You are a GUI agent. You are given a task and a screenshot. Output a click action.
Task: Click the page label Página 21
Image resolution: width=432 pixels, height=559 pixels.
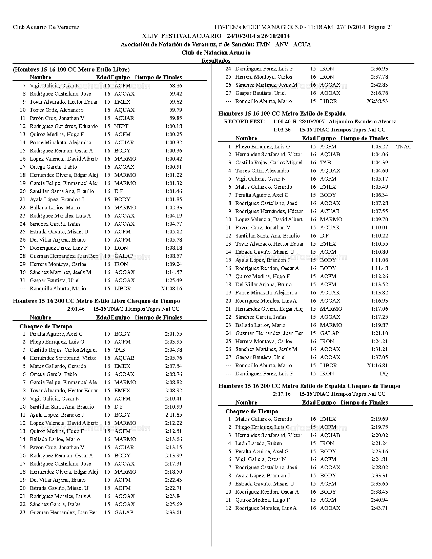380,27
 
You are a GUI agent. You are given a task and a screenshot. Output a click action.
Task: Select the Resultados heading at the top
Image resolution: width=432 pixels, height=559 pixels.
216,61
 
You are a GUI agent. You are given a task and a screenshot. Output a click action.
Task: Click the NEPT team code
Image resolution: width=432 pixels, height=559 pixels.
121,126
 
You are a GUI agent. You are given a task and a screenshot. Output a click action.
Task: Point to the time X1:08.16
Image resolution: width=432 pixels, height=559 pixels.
171,289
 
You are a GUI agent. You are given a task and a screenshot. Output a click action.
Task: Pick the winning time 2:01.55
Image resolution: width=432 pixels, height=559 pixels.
173,334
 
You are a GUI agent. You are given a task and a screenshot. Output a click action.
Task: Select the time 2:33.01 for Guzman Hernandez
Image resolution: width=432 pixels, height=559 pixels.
173,513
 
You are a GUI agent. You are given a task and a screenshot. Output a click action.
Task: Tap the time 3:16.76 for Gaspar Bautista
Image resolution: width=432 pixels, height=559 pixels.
379,93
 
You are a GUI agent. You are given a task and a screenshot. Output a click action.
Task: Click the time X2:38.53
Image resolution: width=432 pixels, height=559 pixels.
377,101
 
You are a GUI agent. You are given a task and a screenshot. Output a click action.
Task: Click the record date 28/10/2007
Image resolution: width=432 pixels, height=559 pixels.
311,122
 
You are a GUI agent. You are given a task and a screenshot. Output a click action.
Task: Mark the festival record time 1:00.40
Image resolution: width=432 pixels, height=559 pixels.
281,122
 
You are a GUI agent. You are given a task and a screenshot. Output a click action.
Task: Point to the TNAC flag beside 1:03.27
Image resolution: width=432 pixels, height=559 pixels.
404,147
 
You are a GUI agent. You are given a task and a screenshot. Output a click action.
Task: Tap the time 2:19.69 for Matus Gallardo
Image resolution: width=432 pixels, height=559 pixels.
379,419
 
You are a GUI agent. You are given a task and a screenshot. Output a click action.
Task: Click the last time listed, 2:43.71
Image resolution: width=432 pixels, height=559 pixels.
379,508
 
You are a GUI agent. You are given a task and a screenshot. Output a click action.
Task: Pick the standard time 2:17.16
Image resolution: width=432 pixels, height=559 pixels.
282,394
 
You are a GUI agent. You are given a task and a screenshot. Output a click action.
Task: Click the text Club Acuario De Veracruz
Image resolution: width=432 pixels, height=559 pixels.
46,27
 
